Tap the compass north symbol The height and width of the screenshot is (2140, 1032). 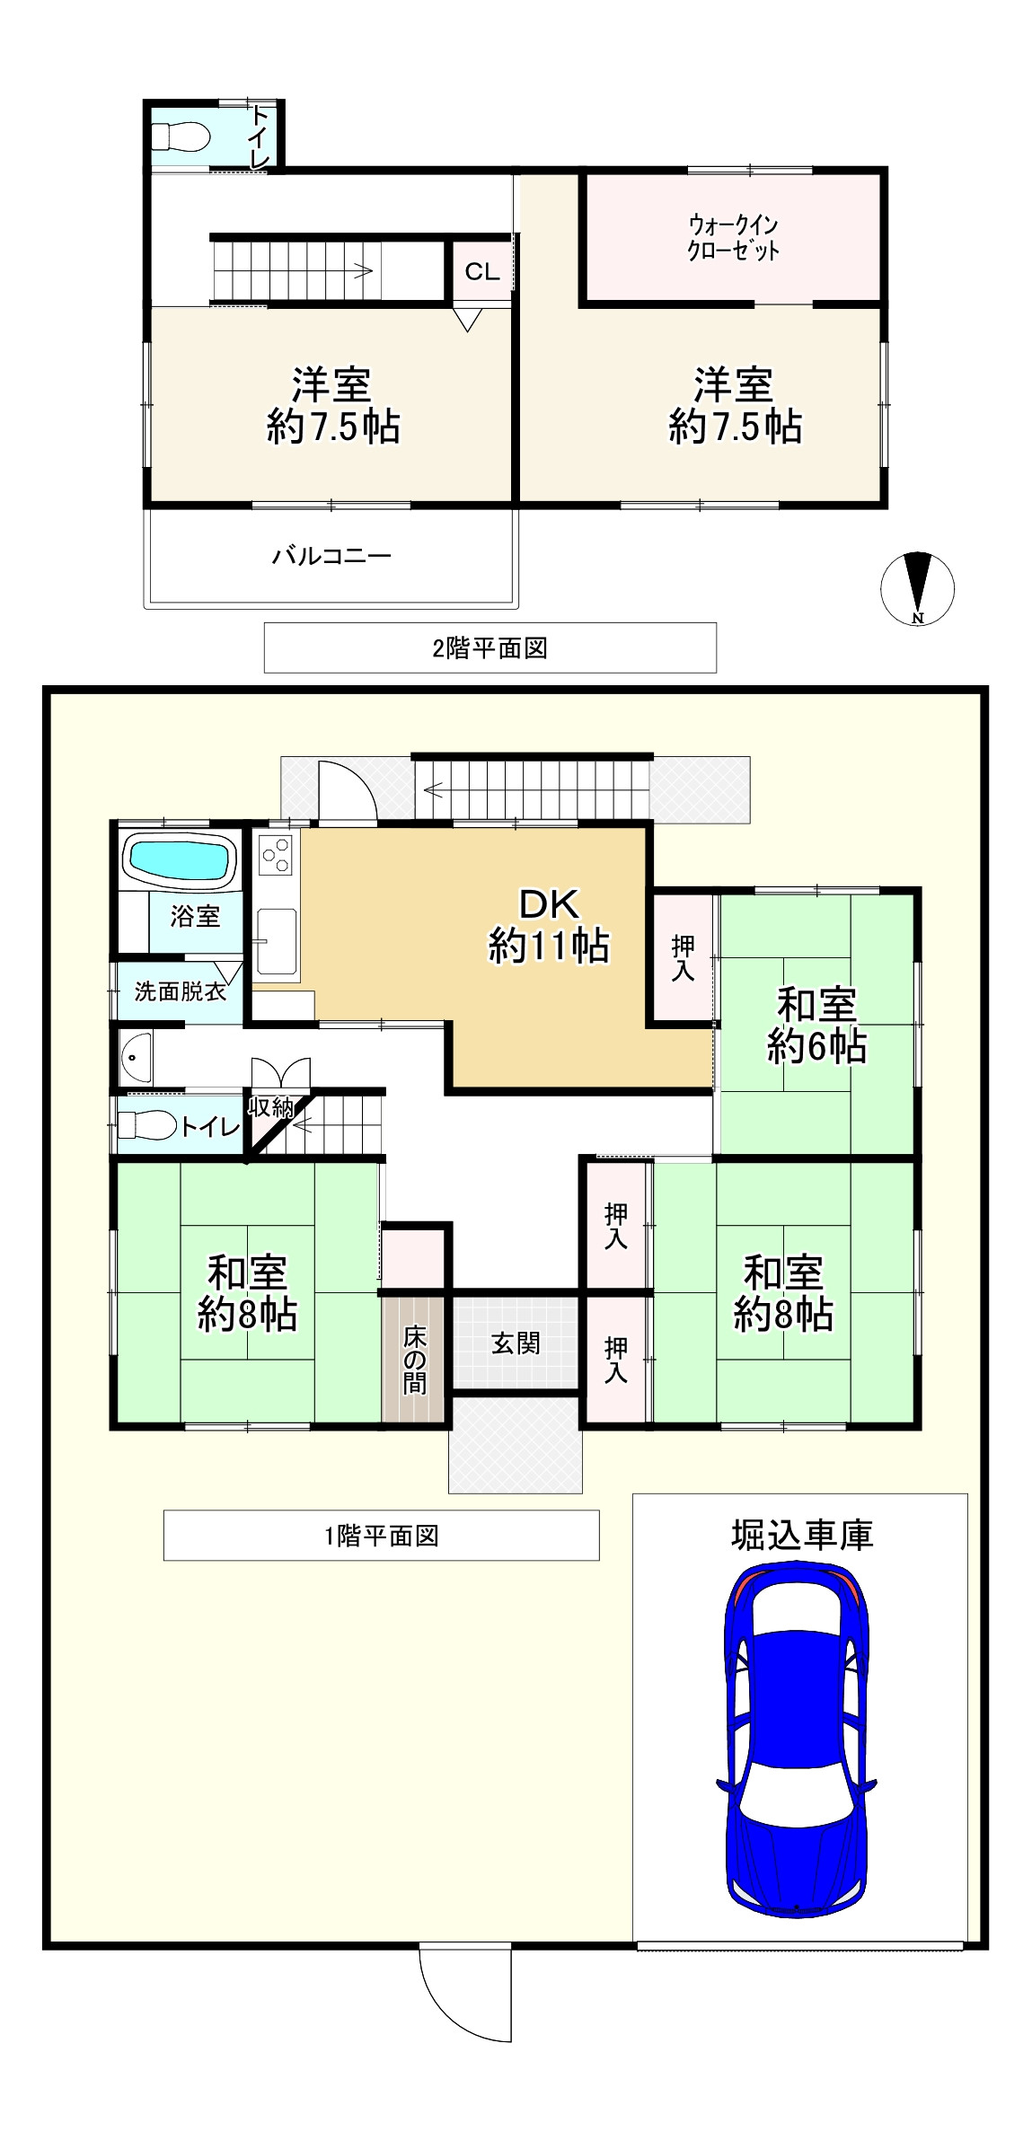[x=917, y=589]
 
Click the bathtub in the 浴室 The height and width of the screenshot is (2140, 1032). [x=178, y=859]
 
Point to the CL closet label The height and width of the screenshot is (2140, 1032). [x=481, y=272]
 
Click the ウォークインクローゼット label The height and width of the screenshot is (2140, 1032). [x=732, y=237]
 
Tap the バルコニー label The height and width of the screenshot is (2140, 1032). [x=331, y=556]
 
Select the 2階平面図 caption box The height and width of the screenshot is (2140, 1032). [x=490, y=647]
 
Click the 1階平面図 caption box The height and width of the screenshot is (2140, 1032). [x=381, y=1536]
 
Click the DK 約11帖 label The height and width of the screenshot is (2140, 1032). [x=549, y=926]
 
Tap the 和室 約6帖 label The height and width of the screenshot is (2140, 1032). [x=816, y=1025]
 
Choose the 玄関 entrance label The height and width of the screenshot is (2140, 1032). [x=516, y=1343]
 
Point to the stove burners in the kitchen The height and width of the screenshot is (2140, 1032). [x=275, y=854]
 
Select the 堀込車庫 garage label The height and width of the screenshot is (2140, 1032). [x=801, y=1536]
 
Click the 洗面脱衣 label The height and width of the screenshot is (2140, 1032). [x=180, y=991]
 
